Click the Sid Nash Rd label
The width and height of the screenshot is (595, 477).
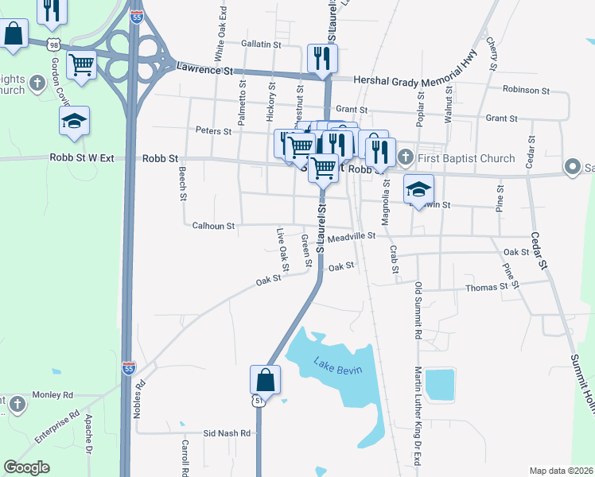tap(227, 433)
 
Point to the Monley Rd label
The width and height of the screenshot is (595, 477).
tap(52, 394)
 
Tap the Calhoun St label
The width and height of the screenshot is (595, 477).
tap(213, 226)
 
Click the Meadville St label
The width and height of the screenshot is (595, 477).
tap(351, 236)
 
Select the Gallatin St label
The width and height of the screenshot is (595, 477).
tap(262, 45)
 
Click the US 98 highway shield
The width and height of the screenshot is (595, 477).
tap(52, 42)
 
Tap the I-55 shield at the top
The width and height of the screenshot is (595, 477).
tap(137, 16)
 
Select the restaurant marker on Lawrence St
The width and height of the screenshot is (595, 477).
tap(322, 58)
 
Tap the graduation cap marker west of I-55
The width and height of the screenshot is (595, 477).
tap(74, 121)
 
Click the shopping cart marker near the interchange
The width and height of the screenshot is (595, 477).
tap(81, 65)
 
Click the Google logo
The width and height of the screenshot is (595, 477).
tap(27, 467)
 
